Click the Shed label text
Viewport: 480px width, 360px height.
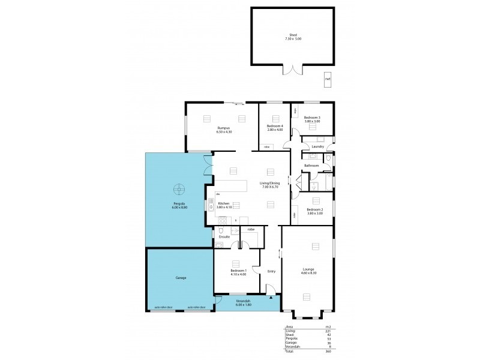(x=293, y=35)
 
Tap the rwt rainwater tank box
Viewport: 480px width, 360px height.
(x=328, y=79)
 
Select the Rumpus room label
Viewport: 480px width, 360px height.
(x=224, y=128)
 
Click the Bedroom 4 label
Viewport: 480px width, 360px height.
(x=274, y=125)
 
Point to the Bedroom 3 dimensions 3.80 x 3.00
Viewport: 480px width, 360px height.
(x=312, y=121)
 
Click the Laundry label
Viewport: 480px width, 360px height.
(x=318, y=146)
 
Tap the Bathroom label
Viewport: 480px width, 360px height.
(x=311, y=165)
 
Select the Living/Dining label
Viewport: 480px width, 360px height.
(x=269, y=183)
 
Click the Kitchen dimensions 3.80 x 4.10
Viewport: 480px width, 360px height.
(x=224, y=207)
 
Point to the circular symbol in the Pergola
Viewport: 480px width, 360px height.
(x=178, y=190)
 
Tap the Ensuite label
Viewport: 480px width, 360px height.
(x=224, y=237)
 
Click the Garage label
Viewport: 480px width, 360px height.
(x=181, y=278)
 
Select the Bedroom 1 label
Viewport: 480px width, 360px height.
(x=238, y=271)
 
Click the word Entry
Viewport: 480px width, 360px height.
(x=271, y=271)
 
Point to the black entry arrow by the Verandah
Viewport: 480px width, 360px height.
(x=271, y=297)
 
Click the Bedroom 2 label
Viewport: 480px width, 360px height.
(x=316, y=209)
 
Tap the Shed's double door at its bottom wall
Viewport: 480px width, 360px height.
(x=293, y=70)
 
